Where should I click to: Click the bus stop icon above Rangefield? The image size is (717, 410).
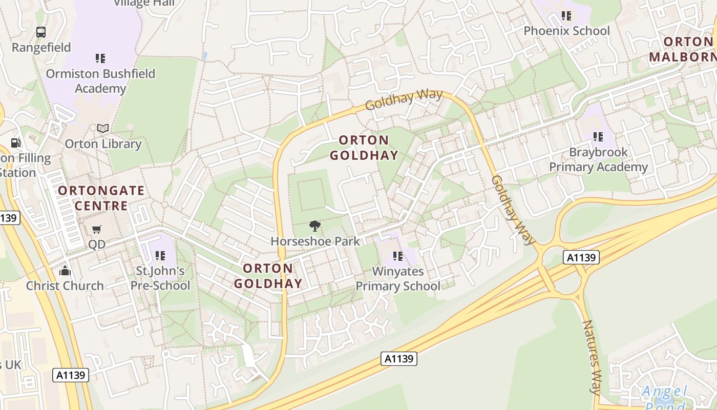(x=41, y=32)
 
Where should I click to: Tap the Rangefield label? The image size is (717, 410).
(x=41, y=48)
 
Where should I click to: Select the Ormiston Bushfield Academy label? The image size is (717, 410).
(x=100, y=81)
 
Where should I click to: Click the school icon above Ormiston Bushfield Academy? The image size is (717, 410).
(x=100, y=58)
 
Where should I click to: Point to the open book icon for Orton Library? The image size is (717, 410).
(x=103, y=128)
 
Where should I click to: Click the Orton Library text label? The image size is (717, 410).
(x=103, y=144)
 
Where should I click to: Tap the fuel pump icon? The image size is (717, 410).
(x=16, y=143)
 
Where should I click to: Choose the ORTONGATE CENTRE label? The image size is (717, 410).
(x=101, y=198)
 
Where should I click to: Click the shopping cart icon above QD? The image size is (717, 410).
(x=96, y=229)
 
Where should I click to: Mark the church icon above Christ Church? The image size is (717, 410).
(x=65, y=270)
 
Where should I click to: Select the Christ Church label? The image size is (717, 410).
(x=65, y=285)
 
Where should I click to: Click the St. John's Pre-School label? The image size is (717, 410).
(x=160, y=278)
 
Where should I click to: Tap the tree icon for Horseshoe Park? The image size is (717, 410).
(x=315, y=225)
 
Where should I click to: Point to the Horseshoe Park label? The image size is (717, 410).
(x=315, y=241)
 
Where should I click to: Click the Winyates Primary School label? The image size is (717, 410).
(x=398, y=278)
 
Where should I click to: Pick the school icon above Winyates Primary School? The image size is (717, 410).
(x=398, y=256)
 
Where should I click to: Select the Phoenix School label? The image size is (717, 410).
(x=566, y=31)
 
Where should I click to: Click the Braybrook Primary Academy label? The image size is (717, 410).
(x=598, y=159)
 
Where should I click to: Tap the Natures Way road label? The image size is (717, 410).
(x=592, y=357)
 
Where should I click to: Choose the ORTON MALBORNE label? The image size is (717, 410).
(x=684, y=49)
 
